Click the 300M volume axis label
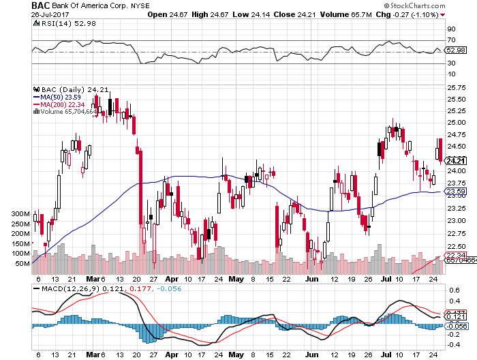coord(22,214)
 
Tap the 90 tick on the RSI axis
coord(451,29)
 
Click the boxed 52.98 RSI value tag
coord(455,50)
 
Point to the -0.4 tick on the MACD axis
coord(453,344)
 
